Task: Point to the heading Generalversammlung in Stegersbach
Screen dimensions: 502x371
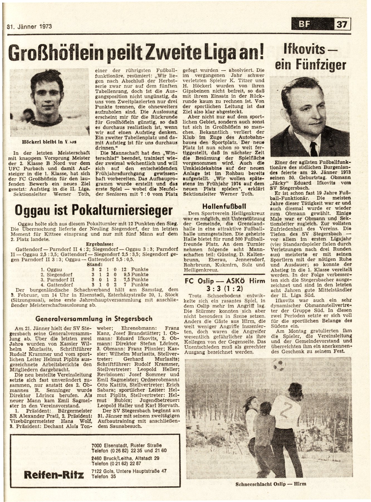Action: coord(94,318)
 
